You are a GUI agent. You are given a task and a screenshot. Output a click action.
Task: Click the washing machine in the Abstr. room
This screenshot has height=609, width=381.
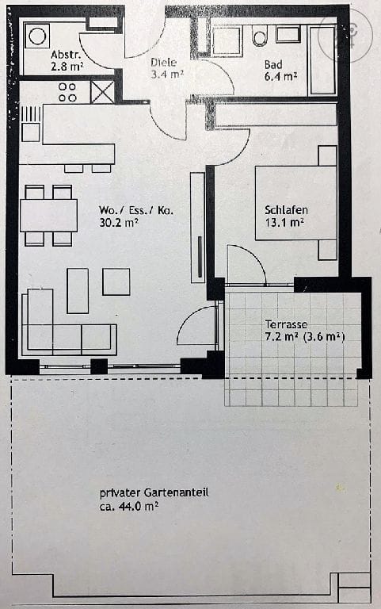tap(37, 35)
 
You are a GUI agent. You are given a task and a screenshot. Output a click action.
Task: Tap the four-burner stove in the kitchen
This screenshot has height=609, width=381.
tap(67, 92)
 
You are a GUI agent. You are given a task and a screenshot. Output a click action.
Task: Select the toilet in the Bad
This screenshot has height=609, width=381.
tap(259, 36)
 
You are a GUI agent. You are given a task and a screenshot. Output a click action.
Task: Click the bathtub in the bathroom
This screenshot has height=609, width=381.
tap(322, 59)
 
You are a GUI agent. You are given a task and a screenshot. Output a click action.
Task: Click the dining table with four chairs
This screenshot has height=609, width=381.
tap(48, 215)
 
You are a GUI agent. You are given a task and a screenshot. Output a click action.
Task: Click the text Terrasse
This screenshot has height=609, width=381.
tap(286, 324)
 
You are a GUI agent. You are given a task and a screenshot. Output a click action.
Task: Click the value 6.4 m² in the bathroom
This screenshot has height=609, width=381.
tap(280, 76)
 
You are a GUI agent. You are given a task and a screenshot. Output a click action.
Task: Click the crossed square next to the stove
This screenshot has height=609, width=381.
tap(102, 92)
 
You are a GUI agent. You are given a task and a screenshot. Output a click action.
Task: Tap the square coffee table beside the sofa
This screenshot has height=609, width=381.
tap(116, 282)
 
